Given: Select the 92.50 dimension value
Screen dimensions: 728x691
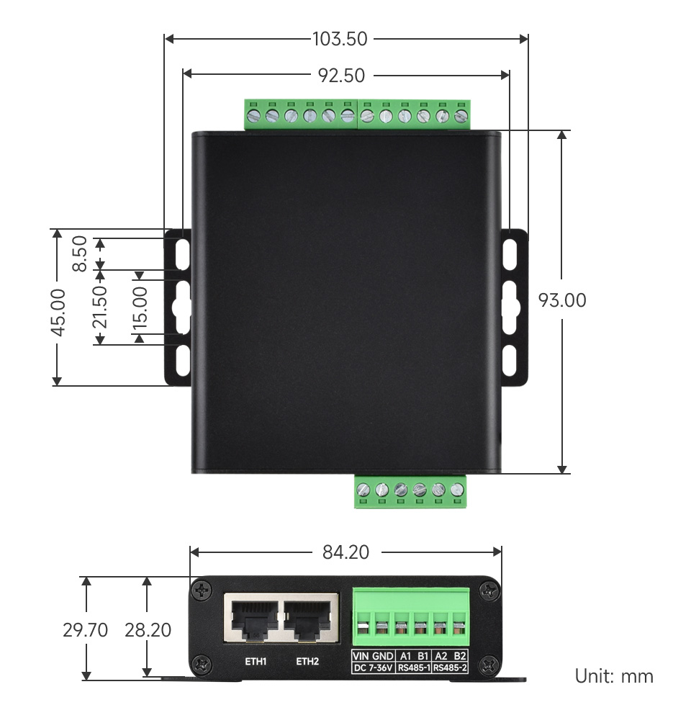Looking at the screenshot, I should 341,75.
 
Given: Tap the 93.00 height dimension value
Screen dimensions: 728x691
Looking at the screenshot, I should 562,300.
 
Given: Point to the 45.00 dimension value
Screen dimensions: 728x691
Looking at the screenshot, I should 59,312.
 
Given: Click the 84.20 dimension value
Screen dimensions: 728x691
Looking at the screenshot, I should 345,552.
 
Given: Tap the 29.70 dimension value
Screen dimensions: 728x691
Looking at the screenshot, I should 85,630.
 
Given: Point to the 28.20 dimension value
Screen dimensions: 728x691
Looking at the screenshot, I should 148,630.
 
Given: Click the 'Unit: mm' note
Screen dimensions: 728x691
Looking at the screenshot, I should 614,676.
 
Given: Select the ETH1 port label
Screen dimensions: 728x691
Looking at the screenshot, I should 256,660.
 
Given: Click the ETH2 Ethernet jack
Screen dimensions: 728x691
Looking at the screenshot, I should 310,617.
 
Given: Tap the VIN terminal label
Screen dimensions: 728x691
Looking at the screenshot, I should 361,656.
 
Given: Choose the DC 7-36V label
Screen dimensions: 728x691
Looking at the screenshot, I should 372,668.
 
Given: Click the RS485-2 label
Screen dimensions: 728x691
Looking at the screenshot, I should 451,668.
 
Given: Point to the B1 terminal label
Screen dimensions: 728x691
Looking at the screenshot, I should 423,656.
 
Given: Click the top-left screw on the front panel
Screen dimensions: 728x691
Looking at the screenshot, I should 202,590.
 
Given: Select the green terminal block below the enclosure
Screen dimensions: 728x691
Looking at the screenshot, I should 410,490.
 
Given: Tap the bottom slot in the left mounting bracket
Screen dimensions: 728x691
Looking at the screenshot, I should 182,360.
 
